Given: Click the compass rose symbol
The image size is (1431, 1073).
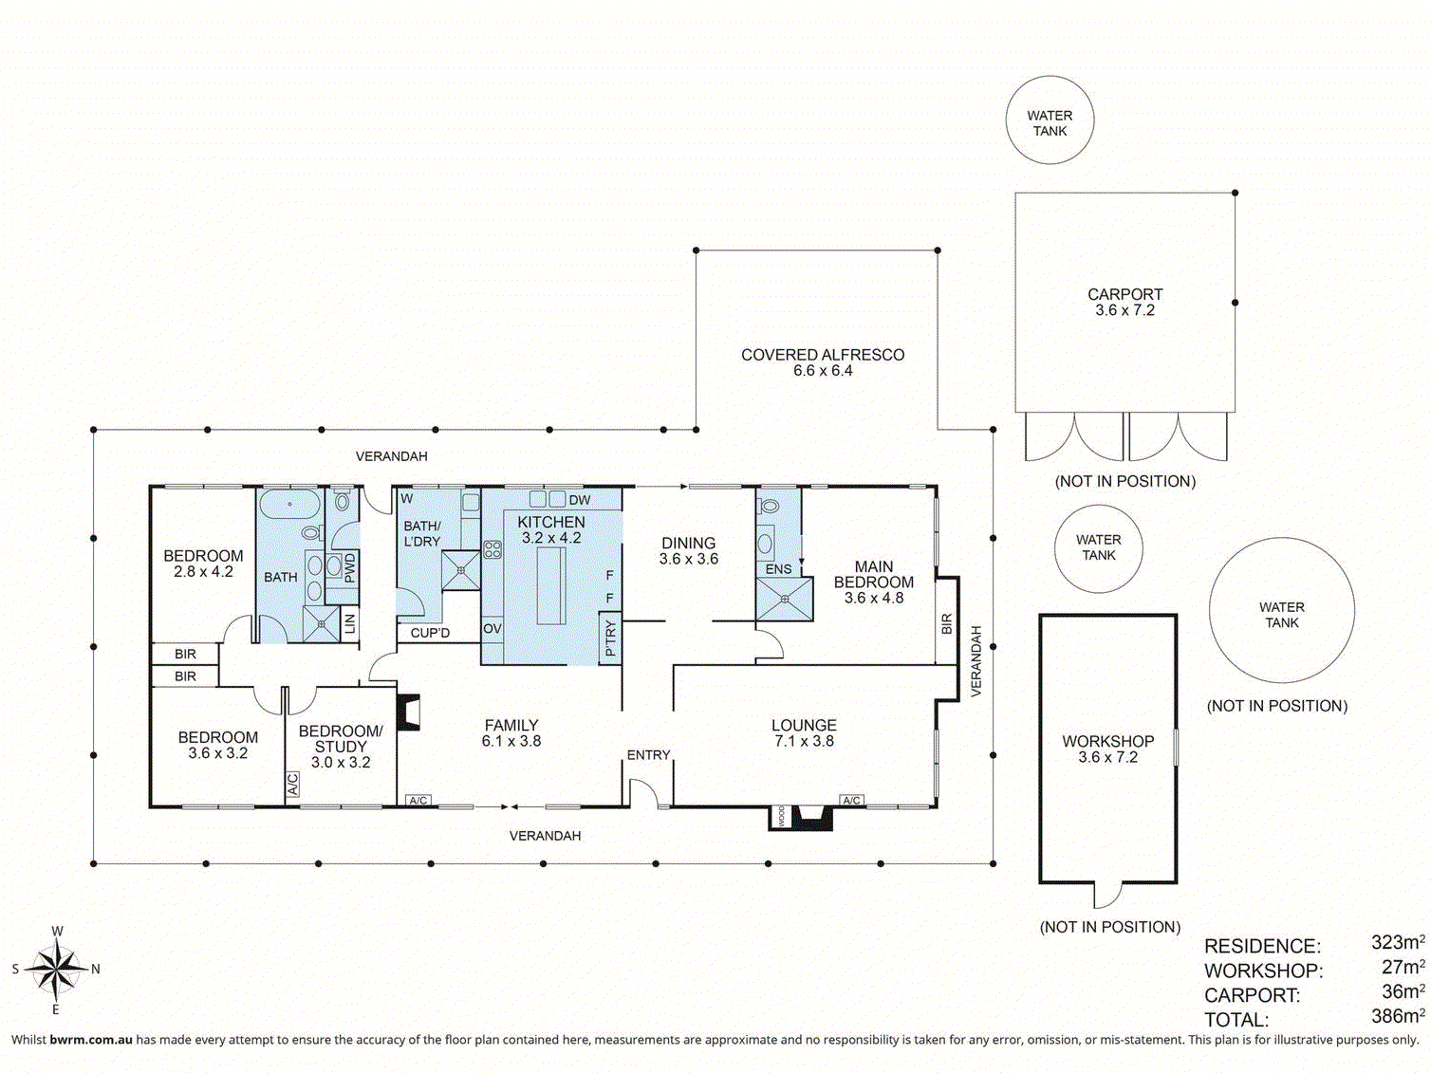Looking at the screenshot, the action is click(57, 970).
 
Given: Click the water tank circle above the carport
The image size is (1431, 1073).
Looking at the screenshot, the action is click(1050, 120).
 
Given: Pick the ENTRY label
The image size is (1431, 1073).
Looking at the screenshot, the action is click(648, 755).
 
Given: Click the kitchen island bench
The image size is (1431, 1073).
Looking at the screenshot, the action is click(551, 584).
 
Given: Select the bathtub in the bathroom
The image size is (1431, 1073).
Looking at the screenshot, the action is click(289, 504).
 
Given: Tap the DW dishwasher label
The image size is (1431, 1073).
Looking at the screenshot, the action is click(580, 500).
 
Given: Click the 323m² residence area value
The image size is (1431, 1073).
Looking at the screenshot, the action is click(1397, 943).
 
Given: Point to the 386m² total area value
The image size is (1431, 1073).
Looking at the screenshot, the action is click(1397, 1016).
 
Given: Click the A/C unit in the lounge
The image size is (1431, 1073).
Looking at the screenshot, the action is click(851, 801).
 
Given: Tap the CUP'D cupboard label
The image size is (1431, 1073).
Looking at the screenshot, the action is click(430, 633).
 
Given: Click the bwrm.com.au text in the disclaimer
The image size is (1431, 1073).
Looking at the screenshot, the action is click(91, 1040).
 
